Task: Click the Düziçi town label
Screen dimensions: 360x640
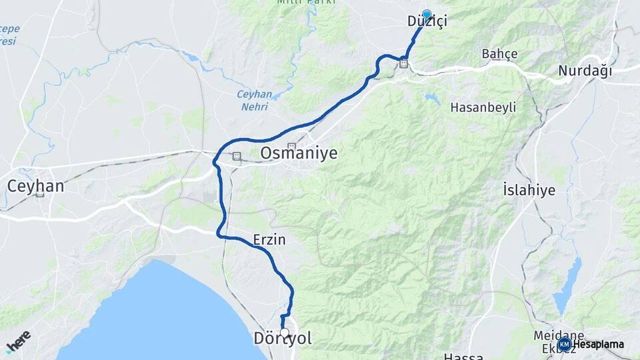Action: (x=427, y=22)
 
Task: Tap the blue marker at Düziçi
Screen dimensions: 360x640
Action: (x=427, y=13)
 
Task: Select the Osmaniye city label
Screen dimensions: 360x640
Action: (x=299, y=154)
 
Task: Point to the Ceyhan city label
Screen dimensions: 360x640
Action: (x=35, y=186)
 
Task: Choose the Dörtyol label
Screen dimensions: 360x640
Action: (x=283, y=339)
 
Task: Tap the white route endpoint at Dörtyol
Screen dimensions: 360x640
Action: (x=285, y=332)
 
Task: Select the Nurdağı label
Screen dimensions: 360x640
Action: (x=585, y=71)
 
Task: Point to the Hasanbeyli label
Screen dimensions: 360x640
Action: (x=483, y=107)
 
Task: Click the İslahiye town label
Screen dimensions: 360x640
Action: (x=529, y=191)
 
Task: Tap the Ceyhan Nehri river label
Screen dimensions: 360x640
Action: (x=254, y=99)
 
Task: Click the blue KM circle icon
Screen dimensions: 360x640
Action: (x=564, y=345)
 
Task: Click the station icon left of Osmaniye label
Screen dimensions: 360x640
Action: (x=236, y=156)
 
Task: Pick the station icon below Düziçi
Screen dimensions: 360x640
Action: (x=403, y=64)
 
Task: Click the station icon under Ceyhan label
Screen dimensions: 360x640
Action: (x=40, y=194)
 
